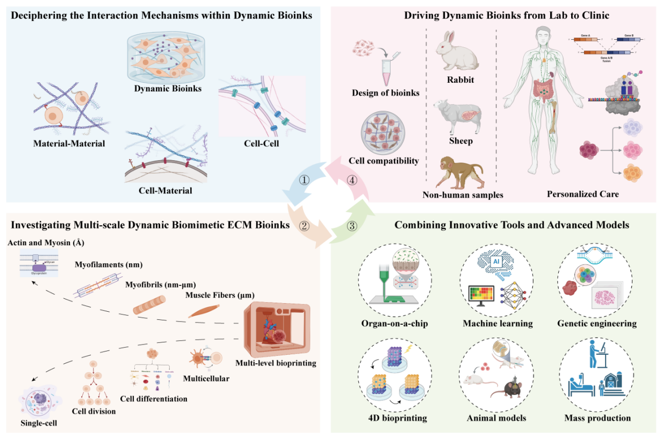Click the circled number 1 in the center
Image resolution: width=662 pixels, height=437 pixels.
click(x=305, y=180)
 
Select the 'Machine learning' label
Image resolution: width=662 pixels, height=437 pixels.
click(x=498, y=323)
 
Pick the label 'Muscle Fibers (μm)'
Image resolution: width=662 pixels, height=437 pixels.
click(x=220, y=295)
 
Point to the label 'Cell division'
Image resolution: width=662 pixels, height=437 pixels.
click(x=93, y=411)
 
